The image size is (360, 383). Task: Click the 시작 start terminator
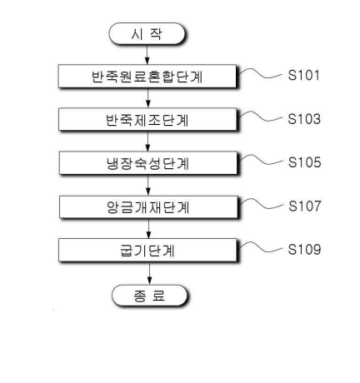pyautogui.click(x=147, y=33)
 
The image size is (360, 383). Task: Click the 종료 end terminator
pyautogui.click(x=149, y=296)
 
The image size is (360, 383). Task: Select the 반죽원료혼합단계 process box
pyautogui.click(x=147, y=77)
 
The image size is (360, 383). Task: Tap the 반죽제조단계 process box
pyautogui.click(x=147, y=119)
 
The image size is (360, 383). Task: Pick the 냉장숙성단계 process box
pyautogui.click(x=148, y=163)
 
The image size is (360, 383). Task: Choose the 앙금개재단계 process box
pyautogui.click(x=148, y=207)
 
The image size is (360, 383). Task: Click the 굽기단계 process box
pyautogui.click(x=147, y=251)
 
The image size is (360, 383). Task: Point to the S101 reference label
pyautogui.click(x=303, y=75)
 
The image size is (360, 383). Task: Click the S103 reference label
pyautogui.click(x=304, y=119)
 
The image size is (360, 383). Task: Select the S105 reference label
pyautogui.click(x=304, y=162)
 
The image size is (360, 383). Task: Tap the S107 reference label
pyautogui.click(x=305, y=206)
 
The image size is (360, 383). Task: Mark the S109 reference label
pyautogui.click(x=304, y=249)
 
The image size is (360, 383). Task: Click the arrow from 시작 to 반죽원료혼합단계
pyautogui.click(x=147, y=54)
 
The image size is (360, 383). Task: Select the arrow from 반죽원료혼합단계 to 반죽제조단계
pyautogui.click(x=147, y=98)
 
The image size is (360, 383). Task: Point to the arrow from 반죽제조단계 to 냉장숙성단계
pyautogui.click(x=147, y=142)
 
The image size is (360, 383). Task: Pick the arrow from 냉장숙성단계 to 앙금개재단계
pyautogui.click(x=148, y=185)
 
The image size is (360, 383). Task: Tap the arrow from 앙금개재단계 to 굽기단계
pyautogui.click(x=148, y=228)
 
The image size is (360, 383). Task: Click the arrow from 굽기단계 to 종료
pyautogui.click(x=149, y=273)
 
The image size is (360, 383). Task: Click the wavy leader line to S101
pyautogui.click(x=261, y=74)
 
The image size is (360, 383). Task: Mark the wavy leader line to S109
pyautogui.click(x=261, y=248)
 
